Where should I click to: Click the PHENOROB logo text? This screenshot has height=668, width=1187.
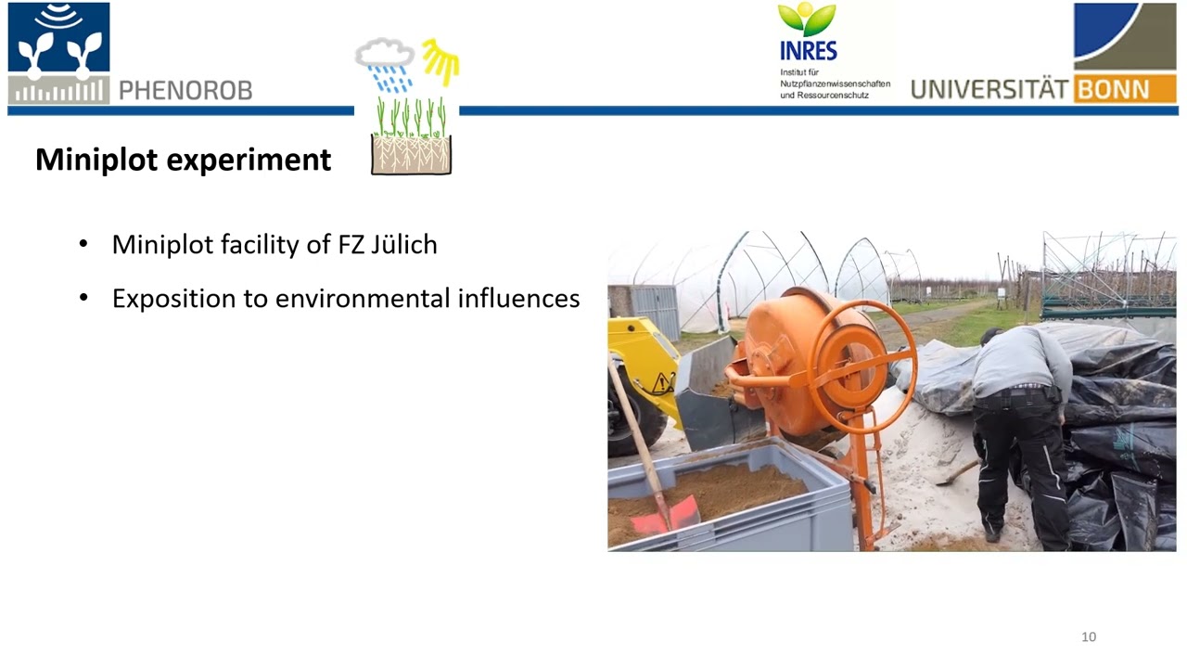click(x=185, y=90)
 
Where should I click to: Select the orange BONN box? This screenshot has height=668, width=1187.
click(x=1125, y=90)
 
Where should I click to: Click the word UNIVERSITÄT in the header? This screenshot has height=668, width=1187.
click(x=989, y=90)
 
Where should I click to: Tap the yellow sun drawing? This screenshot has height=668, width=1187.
click(x=440, y=61)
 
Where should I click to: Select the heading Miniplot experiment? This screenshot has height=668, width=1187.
click(x=183, y=160)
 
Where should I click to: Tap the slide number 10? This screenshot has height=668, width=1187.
click(x=1089, y=636)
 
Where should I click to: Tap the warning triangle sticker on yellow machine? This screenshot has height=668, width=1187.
click(x=662, y=382)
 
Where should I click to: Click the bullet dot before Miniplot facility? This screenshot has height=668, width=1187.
click(x=83, y=245)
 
